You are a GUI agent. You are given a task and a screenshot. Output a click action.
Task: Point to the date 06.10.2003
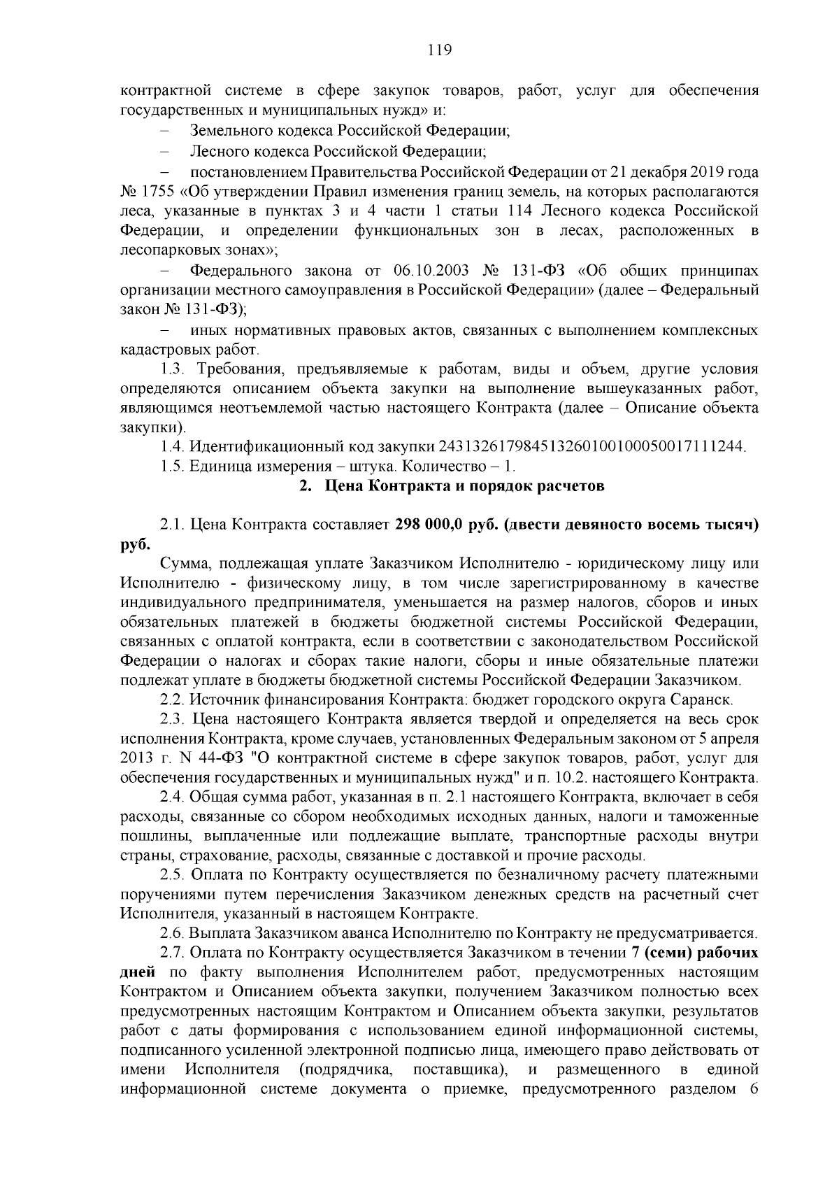click(x=432, y=271)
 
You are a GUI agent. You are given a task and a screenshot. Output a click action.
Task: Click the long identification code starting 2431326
click(x=591, y=446)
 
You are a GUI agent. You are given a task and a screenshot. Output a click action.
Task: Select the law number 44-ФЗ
click(x=223, y=758)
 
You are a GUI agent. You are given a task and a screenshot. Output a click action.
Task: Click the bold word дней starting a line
click(x=136, y=972)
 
